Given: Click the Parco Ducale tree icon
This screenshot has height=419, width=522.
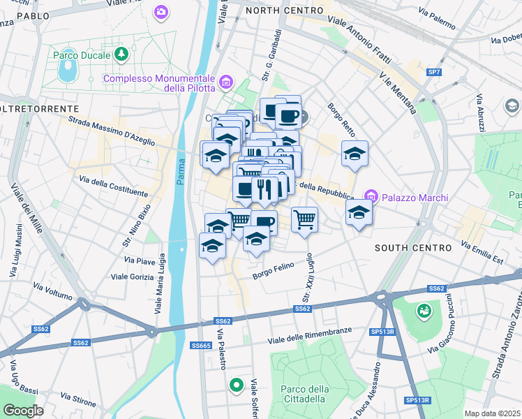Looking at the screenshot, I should [x=122, y=54].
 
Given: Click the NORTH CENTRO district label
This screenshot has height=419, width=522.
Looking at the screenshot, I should [x=285, y=10].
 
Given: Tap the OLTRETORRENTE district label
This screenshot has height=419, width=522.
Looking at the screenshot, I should [x=39, y=109].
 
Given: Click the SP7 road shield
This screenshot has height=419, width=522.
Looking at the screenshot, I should [x=434, y=72].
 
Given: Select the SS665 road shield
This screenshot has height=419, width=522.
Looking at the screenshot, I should [x=201, y=346].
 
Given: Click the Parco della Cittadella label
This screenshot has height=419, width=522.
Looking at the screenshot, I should [x=303, y=394].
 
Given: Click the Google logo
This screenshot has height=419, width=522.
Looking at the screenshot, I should [x=23, y=411].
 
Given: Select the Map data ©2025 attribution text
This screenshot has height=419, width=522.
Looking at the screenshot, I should [x=493, y=413].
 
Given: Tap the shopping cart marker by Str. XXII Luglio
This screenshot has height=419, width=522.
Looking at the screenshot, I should [x=304, y=220].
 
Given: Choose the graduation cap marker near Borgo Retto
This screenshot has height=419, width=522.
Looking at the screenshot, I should [x=355, y=154].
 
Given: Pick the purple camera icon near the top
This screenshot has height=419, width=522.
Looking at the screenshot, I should [x=162, y=12].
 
